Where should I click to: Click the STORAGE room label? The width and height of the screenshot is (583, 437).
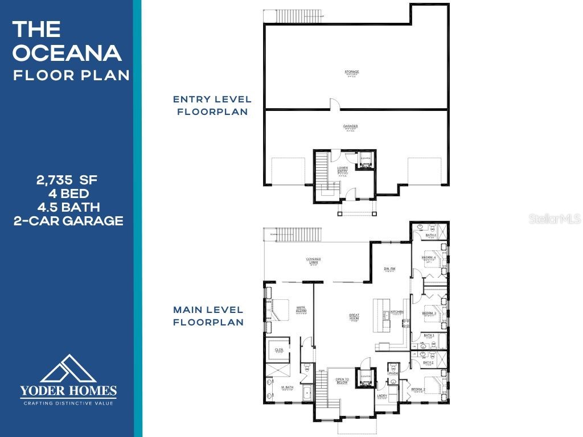tap(351, 72)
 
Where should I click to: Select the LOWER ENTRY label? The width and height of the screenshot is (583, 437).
tap(342, 170)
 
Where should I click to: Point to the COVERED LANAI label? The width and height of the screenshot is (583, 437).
tap(314, 261)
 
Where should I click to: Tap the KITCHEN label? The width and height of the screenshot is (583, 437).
tap(397, 312)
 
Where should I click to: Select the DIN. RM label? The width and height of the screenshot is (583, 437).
tap(389, 269)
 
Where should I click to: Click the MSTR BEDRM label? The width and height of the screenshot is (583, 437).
tap(301, 311)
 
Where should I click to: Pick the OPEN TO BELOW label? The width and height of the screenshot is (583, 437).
tap(342, 381)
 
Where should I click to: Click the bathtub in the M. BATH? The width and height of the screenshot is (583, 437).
tap(307, 393)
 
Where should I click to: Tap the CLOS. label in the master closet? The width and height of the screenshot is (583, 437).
tap(279, 351)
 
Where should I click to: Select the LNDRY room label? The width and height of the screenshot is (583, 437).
tap(382, 396)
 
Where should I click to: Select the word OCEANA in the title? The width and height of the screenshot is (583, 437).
tap(67, 53)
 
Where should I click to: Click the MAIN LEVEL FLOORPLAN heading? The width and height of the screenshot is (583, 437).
tap(208, 316)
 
